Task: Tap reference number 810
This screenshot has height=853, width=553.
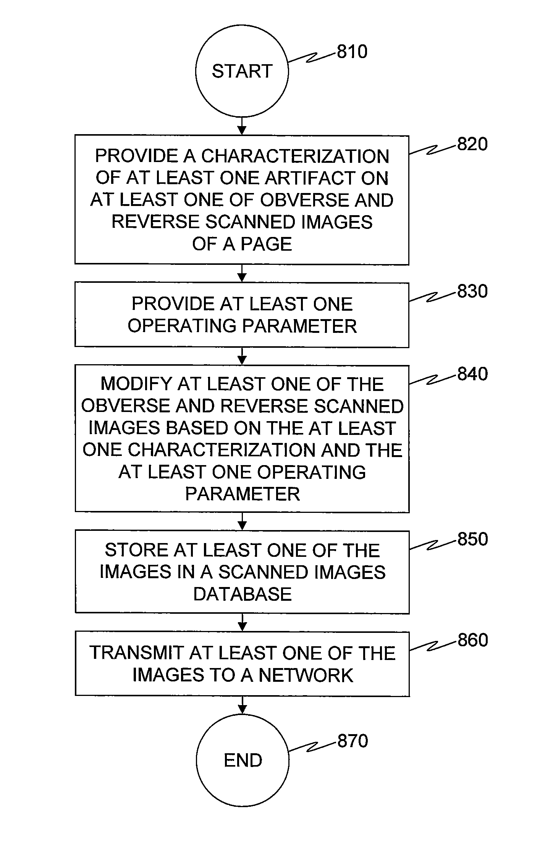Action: (352, 52)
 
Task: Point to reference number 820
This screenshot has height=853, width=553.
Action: (473, 144)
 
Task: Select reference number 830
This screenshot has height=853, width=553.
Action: (473, 292)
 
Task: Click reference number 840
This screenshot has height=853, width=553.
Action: (473, 374)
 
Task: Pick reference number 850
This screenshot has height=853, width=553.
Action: (473, 539)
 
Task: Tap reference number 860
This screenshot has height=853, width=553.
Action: (473, 640)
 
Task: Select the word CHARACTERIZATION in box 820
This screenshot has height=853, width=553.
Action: (295, 156)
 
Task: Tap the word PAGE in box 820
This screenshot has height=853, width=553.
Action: (267, 244)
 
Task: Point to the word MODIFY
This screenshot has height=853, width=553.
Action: (136, 384)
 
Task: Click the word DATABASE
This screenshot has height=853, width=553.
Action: (243, 594)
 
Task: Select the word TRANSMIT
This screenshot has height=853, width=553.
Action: (137, 653)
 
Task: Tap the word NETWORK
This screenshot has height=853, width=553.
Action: (306, 675)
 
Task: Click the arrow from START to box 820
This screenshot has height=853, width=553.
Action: (242, 126)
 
